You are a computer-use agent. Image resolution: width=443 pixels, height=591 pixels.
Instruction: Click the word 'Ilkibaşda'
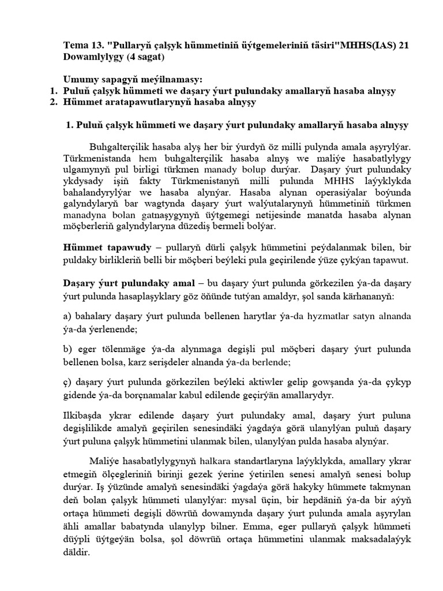[82, 416]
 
